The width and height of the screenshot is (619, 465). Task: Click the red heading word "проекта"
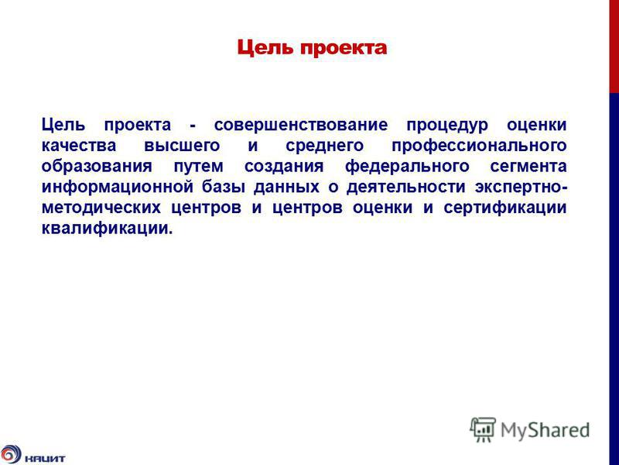(x=344, y=49)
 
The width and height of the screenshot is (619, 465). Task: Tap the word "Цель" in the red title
(x=265, y=48)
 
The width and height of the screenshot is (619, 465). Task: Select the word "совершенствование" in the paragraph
(x=301, y=125)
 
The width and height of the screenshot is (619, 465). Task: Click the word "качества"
(x=79, y=146)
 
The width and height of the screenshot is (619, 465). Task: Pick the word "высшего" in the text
(x=182, y=146)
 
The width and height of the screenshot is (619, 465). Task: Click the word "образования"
(x=97, y=166)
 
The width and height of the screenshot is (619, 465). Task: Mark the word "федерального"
(x=407, y=166)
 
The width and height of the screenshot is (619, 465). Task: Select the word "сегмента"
(x=528, y=166)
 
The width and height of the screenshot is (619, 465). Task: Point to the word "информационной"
(x=118, y=187)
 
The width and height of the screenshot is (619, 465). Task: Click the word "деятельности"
(x=405, y=187)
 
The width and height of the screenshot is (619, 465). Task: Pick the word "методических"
(x=101, y=207)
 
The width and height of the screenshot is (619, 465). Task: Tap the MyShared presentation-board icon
(x=482, y=429)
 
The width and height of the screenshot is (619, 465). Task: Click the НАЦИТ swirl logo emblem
(x=11, y=454)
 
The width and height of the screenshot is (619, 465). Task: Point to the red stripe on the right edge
(x=614, y=46)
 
